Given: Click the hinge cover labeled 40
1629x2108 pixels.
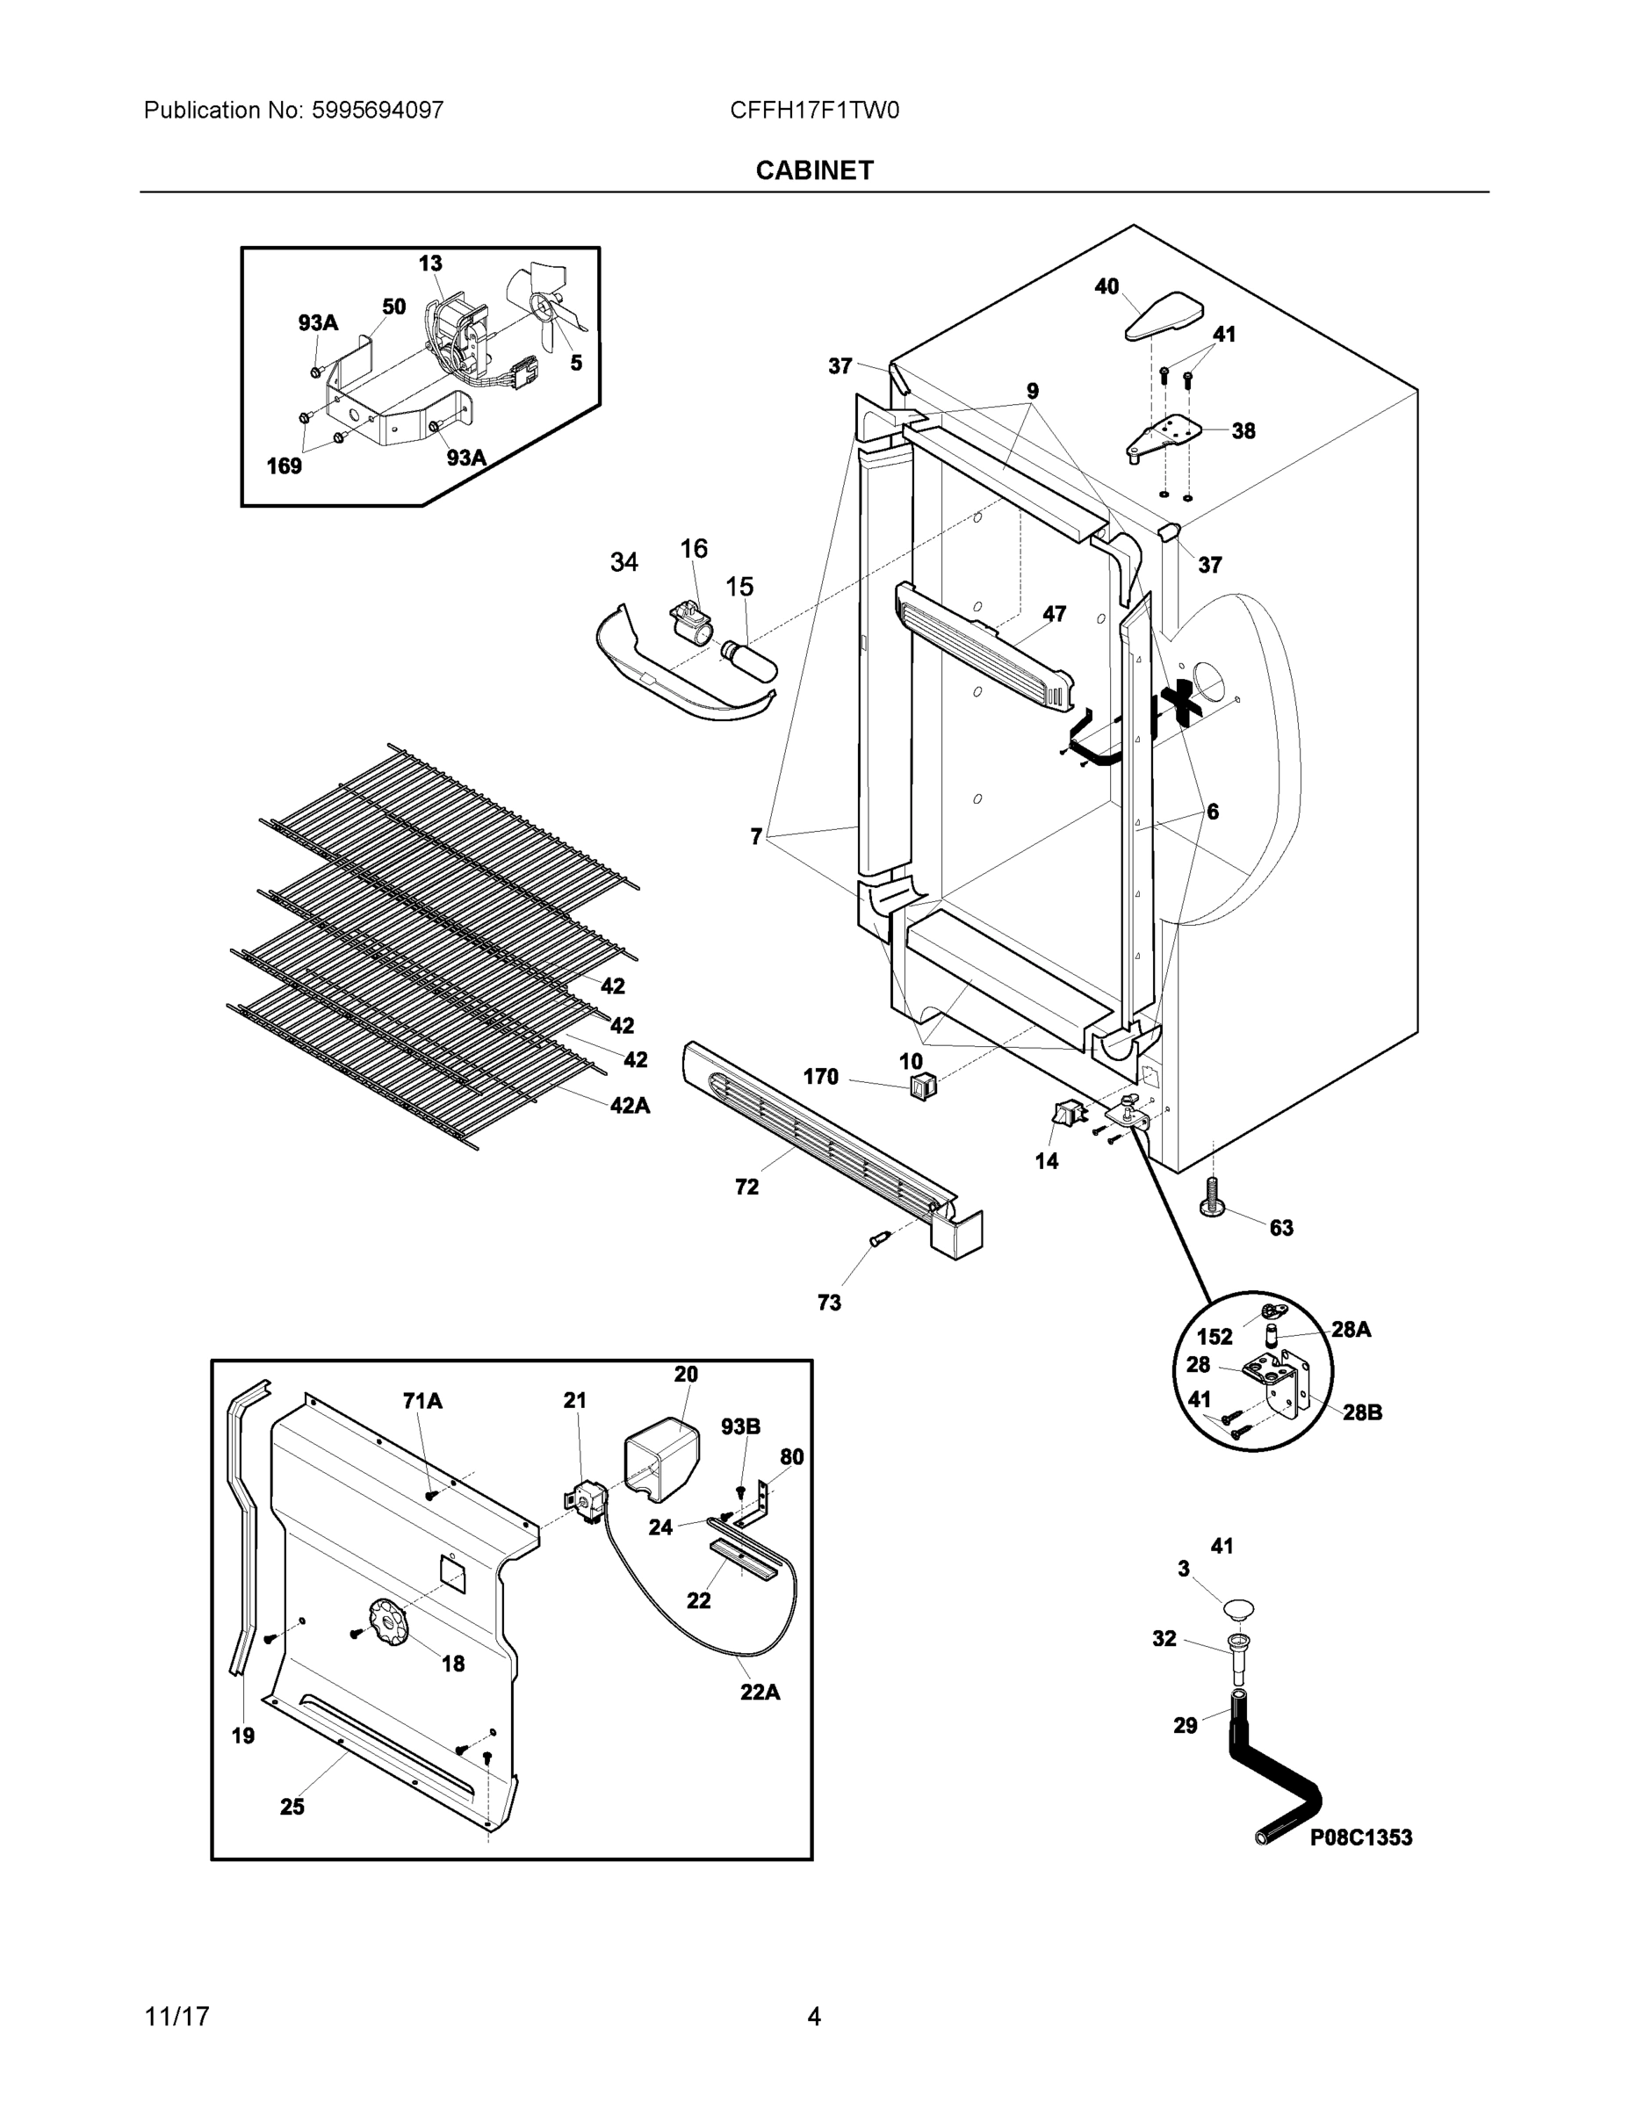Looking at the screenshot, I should (1164, 315).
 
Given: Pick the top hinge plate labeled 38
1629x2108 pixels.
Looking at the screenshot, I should (1166, 437).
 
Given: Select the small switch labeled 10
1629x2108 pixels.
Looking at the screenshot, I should (924, 1087).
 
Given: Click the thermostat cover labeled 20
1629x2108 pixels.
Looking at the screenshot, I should (662, 1461).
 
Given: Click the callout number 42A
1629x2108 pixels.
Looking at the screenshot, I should (630, 1106).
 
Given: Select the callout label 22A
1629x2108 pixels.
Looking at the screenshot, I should (760, 1692).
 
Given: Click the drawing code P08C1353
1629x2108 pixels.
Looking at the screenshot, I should (1359, 1837).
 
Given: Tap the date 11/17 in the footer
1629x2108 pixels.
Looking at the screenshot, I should (177, 2017).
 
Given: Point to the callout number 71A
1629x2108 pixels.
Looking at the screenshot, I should (422, 1401).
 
